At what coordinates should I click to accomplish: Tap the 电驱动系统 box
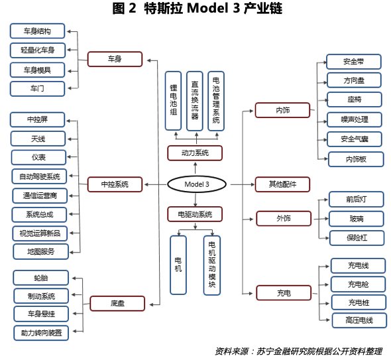pos(195,214)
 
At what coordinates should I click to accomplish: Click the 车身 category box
pos(115,59)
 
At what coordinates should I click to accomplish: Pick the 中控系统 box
pos(115,184)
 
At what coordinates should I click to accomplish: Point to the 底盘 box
pos(117,304)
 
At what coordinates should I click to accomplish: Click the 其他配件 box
pos(282,184)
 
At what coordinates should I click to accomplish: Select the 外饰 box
pos(283,218)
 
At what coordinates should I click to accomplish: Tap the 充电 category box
pos(283,292)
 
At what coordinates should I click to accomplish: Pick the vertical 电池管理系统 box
pos(216,100)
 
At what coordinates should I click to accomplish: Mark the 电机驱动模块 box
pos(212,265)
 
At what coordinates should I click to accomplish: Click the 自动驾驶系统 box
pos(39,176)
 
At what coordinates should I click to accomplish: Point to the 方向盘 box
pos(355,80)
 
